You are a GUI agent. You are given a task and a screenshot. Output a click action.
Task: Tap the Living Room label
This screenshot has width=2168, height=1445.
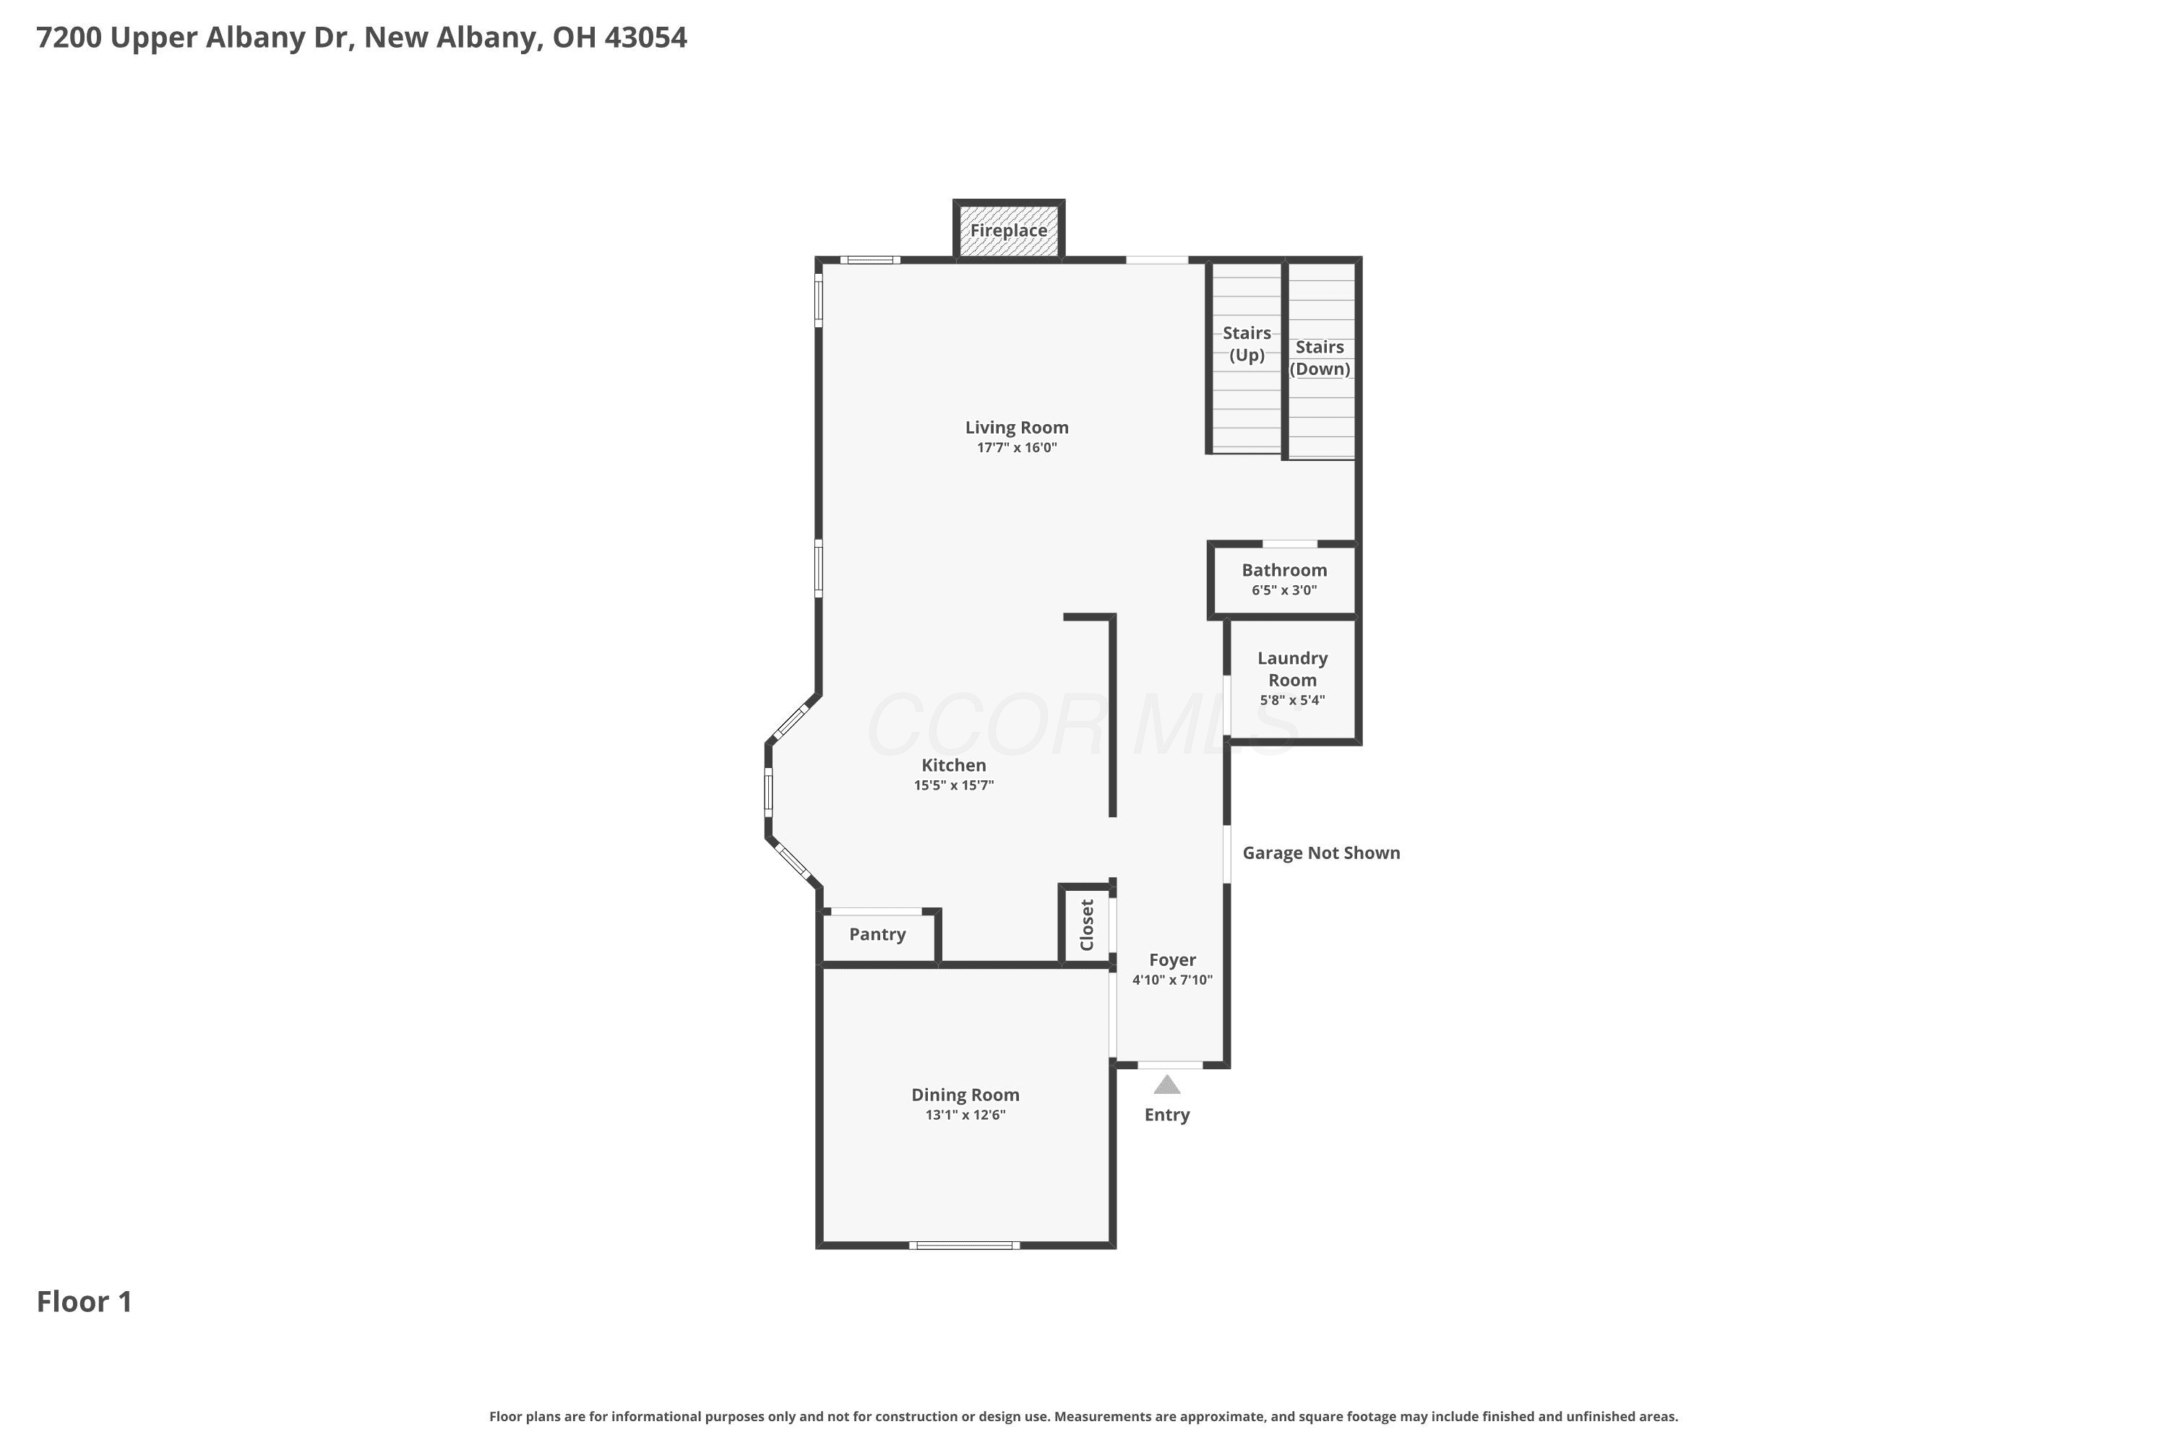(x=1017, y=428)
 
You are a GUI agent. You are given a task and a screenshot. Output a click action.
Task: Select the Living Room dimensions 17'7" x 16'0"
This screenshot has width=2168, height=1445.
(x=1017, y=448)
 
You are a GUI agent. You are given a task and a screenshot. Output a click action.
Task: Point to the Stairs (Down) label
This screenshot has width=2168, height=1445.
(x=1320, y=358)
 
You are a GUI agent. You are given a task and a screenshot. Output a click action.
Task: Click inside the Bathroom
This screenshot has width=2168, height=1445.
(x=1284, y=581)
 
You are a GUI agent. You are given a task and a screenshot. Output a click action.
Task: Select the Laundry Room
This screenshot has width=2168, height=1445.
(x=1292, y=679)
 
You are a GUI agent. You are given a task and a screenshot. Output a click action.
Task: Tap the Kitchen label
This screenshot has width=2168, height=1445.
(x=954, y=766)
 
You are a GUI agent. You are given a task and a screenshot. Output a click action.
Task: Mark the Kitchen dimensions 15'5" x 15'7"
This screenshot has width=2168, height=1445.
(x=954, y=786)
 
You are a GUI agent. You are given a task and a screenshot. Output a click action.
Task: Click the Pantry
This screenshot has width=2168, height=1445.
(x=877, y=936)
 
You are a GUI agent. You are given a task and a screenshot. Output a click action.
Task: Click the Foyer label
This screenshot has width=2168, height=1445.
(x=1172, y=960)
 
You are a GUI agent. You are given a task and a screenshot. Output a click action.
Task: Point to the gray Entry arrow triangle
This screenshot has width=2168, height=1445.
(x=1167, y=1086)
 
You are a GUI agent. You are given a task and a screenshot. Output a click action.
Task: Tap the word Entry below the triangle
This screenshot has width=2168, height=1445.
(x=1167, y=1115)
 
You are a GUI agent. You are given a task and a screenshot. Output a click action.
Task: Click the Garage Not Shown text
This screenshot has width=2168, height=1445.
(x=1321, y=853)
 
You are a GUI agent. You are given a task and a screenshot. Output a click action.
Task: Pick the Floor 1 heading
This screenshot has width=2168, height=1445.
(x=85, y=1302)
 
